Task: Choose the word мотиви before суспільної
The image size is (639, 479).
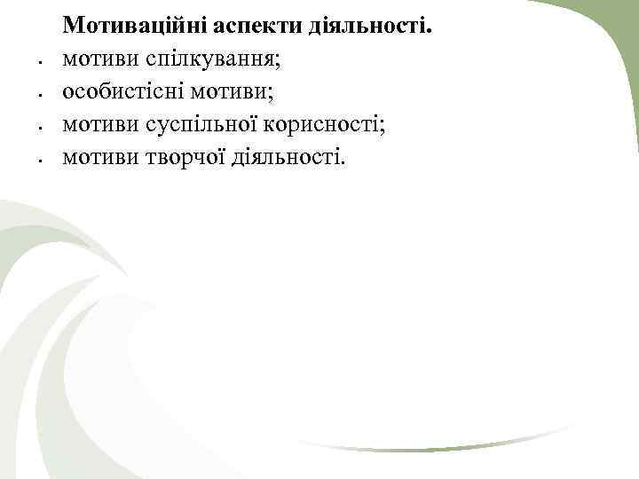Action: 94,125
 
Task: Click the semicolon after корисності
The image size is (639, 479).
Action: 384,127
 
